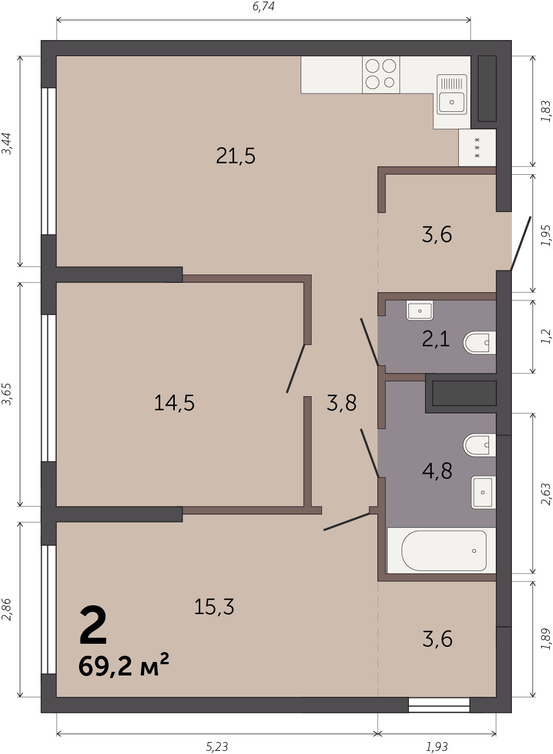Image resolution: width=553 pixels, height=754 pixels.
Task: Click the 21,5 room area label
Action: point(236,156)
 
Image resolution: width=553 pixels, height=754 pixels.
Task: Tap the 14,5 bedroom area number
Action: point(174,402)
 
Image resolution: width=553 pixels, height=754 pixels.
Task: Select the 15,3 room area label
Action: point(214,607)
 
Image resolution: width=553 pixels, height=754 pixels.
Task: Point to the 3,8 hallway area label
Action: point(341,402)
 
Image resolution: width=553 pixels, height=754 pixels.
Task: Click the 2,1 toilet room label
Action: point(436,339)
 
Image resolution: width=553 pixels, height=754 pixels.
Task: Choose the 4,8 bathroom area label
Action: point(437,471)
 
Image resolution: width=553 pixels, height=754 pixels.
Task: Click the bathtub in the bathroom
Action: point(442,551)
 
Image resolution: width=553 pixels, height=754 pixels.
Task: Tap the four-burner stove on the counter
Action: point(381,74)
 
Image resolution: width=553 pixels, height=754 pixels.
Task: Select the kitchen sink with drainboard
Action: point(452,95)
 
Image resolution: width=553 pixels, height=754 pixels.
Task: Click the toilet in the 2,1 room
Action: point(480,343)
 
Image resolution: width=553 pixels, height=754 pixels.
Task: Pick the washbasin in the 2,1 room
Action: point(420,310)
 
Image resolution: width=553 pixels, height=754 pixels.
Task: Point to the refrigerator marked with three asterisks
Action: point(477,148)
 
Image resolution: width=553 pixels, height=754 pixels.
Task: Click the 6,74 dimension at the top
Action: point(264,6)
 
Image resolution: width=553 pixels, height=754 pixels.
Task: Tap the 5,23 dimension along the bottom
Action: point(217,747)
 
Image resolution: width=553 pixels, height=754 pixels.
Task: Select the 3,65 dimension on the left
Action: point(7,394)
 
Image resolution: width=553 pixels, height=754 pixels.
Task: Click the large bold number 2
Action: point(93,624)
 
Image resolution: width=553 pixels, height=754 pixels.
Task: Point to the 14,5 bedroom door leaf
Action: point(295,368)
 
